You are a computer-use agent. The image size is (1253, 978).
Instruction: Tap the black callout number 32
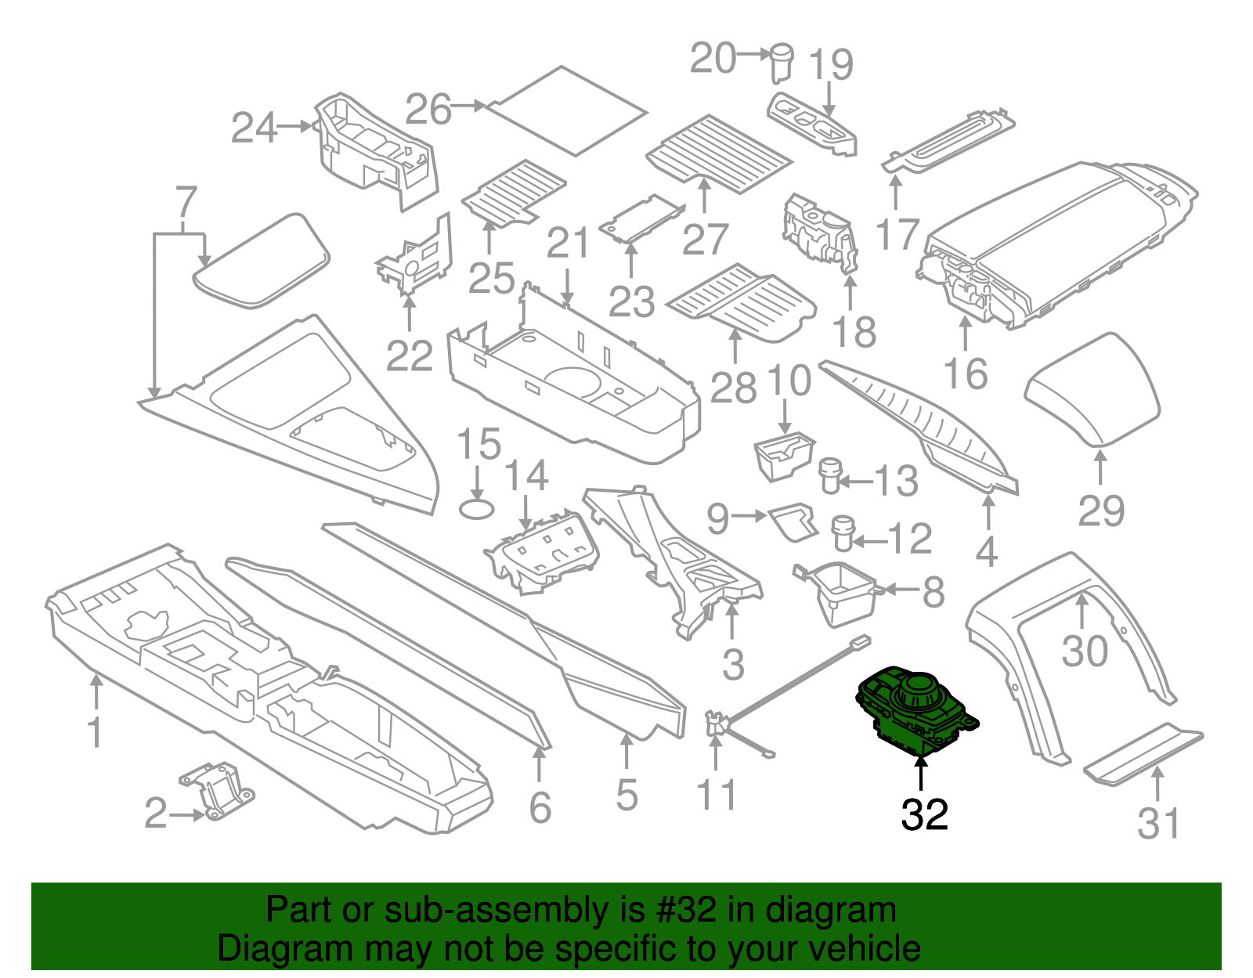(925, 814)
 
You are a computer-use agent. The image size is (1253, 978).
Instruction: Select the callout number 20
(713, 58)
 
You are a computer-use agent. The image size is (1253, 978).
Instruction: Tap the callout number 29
(1101, 511)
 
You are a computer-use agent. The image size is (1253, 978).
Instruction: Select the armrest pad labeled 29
(1092, 389)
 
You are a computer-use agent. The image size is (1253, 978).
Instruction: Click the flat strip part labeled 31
(1143, 752)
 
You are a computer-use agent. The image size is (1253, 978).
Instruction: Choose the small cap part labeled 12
(843, 532)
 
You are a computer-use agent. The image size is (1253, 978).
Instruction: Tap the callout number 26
(428, 109)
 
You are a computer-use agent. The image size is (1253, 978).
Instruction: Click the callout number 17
(897, 233)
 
